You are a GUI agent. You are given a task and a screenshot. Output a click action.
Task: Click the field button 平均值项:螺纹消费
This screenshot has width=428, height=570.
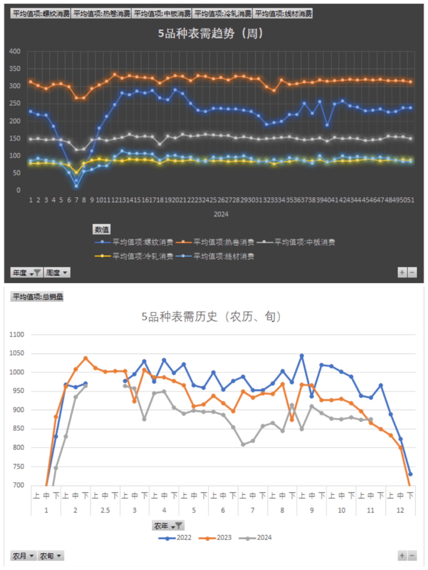point(40,13)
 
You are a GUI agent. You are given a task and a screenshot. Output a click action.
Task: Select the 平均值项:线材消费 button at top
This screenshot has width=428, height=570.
point(283,13)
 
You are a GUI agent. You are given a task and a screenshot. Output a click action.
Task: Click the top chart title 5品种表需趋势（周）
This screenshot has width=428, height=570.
point(210,33)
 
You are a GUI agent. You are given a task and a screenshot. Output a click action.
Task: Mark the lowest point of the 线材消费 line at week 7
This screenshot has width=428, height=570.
point(76,186)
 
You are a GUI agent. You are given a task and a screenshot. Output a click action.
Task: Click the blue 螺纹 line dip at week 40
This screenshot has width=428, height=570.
point(327,125)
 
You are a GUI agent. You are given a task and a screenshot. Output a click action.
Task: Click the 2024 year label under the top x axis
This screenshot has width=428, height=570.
point(221,214)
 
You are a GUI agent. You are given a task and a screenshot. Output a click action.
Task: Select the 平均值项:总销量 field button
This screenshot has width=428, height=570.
point(37,297)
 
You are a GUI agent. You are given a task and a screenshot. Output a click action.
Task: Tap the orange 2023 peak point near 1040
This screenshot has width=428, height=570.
point(86,358)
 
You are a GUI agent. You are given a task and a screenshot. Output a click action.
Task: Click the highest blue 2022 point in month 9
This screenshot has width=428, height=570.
point(302,356)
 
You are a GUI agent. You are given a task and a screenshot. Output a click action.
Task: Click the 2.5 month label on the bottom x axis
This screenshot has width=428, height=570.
point(105,510)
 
